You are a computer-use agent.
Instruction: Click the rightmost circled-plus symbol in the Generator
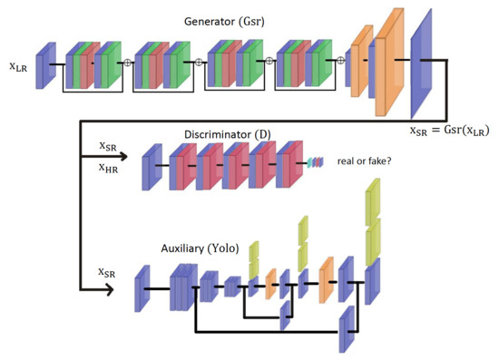[x=340, y=62]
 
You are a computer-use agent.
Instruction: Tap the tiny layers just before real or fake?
[x=314, y=161]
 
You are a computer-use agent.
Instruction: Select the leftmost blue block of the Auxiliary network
[x=143, y=288]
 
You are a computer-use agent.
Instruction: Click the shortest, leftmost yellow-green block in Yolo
[x=254, y=253]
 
